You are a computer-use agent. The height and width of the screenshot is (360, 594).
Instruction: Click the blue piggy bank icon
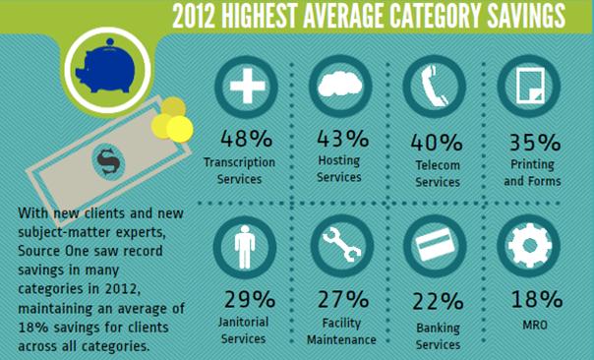pyautogui.click(x=106, y=67)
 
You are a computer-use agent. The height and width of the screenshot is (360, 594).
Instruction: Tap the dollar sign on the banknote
pyautogui.click(x=108, y=161)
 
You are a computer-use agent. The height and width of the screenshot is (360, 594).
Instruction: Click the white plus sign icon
pyautogui.click(x=248, y=86)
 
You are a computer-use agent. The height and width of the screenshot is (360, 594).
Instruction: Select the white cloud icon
pyautogui.click(x=340, y=84)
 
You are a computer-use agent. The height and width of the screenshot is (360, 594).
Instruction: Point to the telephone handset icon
pyautogui.click(x=434, y=86)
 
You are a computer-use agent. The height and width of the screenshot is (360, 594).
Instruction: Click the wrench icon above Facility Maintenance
pyautogui.click(x=341, y=244)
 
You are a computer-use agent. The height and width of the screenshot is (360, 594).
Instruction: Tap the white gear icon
pyautogui.click(x=529, y=245)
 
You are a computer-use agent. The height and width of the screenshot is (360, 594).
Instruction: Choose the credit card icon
pyautogui.click(x=435, y=244)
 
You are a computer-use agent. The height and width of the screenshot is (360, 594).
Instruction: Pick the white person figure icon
pyautogui.click(x=245, y=247)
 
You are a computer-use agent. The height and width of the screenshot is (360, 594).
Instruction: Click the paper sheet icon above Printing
pyautogui.click(x=531, y=86)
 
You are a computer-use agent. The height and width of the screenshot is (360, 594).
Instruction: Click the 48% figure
pyautogui.click(x=246, y=139)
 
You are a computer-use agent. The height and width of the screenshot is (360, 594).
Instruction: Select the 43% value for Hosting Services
pyautogui.click(x=343, y=138)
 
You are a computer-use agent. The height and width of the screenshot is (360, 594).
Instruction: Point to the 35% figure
pyautogui.click(x=535, y=143)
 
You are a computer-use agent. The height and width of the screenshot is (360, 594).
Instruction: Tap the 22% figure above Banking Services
pyautogui.click(x=438, y=302)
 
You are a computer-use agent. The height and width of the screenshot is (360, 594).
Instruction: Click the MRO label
pyautogui.click(x=535, y=325)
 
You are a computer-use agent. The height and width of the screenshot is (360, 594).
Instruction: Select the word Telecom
pyautogui.click(x=438, y=165)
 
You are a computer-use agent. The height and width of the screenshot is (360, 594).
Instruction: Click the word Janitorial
pyautogui.click(x=243, y=322)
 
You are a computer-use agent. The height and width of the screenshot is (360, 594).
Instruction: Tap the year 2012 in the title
pyautogui.click(x=193, y=17)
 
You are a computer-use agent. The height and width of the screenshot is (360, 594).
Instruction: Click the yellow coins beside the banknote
pyautogui.click(x=172, y=119)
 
